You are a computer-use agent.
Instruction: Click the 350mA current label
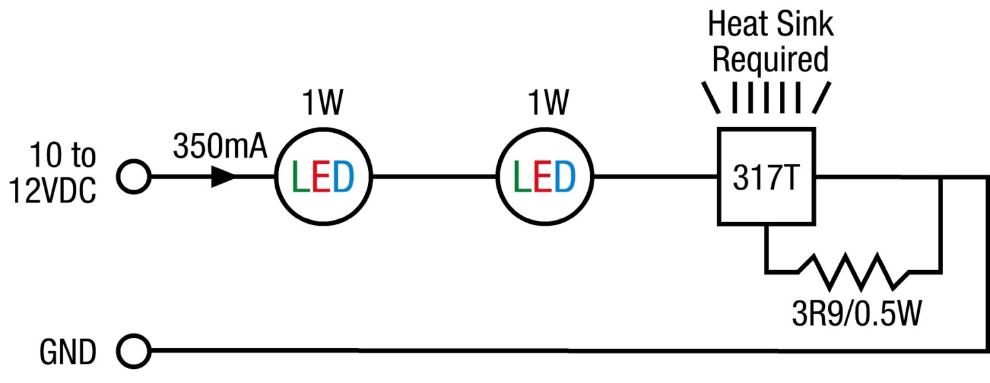pos(219,148)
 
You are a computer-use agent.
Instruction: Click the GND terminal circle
pos(133,352)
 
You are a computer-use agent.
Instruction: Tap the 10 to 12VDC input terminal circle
pos(133,176)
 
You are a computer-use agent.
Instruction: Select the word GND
pos(68,353)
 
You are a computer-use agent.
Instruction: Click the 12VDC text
pos(53,191)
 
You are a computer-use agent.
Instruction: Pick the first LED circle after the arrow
pos(323,177)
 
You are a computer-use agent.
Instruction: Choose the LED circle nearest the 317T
pos(545,177)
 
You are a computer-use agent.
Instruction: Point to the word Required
pos(770,60)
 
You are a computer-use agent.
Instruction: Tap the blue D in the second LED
pos(565,177)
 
